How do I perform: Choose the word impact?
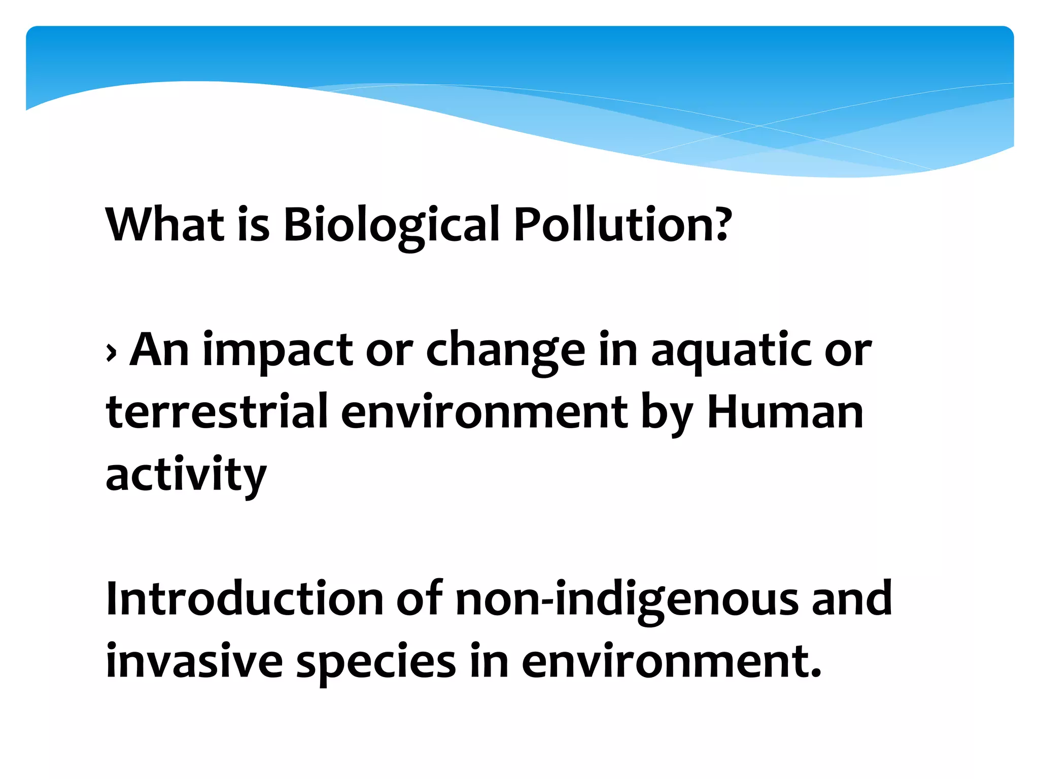click(x=278, y=350)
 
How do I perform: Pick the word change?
click(x=505, y=350)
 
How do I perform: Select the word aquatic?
click(x=731, y=350)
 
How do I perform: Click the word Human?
click(x=785, y=412)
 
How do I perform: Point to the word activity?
click(x=186, y=475)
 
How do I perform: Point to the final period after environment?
click(x=816, y=675)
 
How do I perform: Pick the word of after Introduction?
click(x=419, y=599)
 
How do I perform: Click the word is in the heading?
click(x=254, y=224)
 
